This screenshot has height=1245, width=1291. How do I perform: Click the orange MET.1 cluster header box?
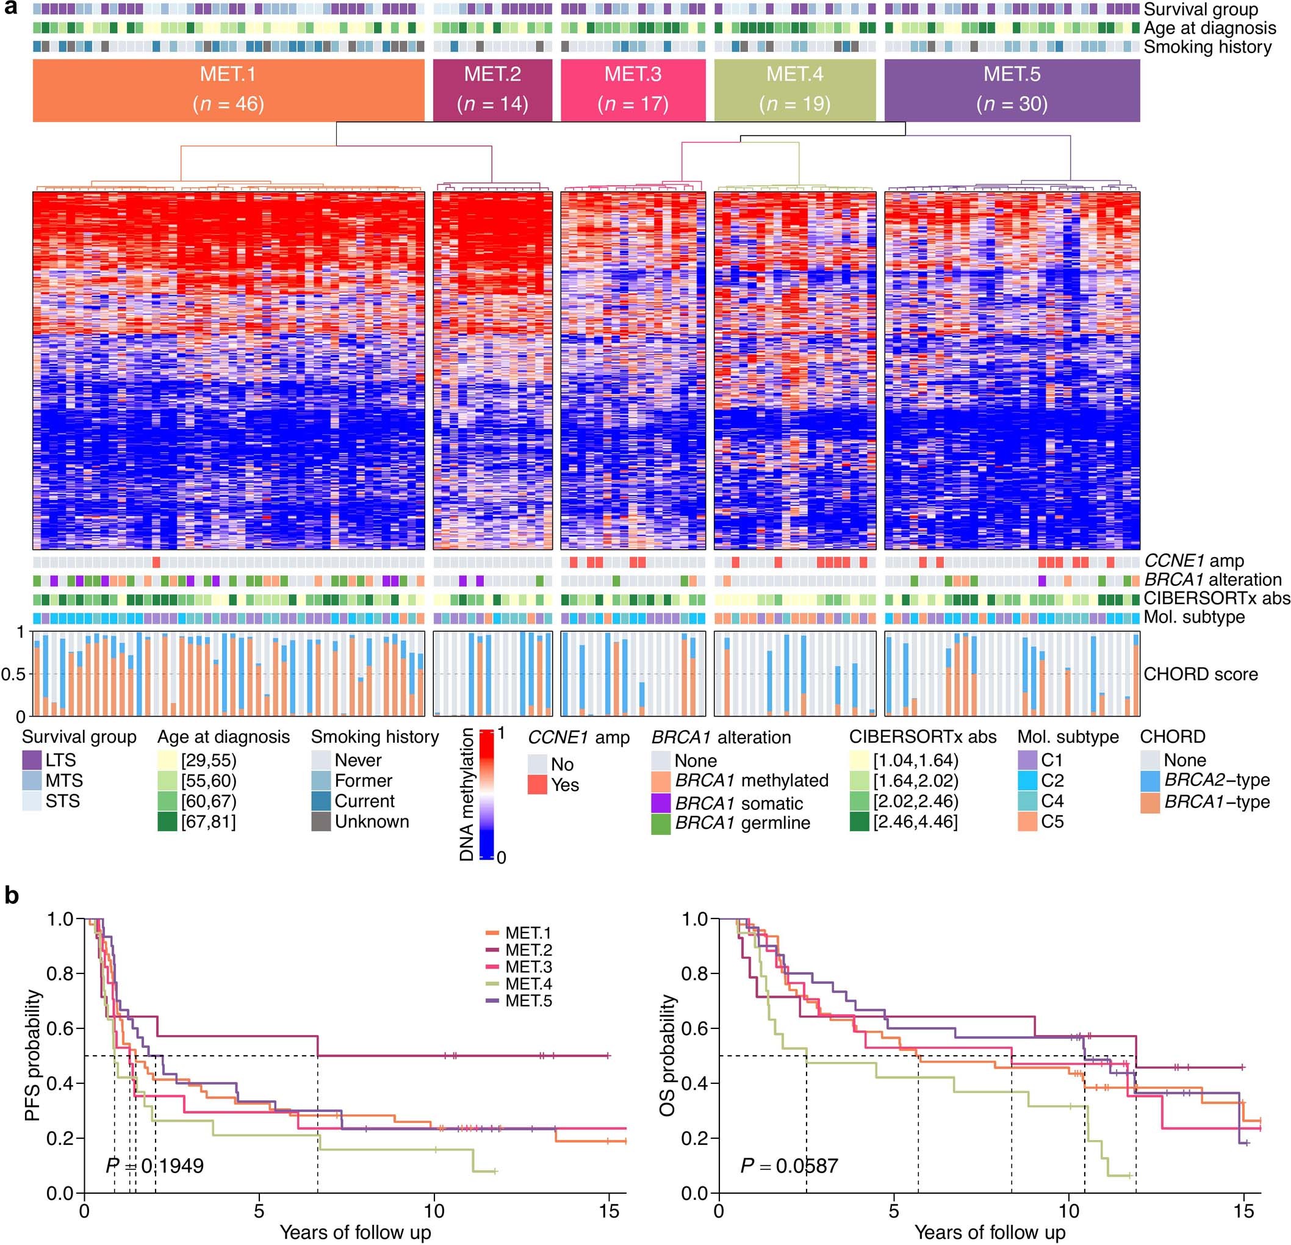point(228,90)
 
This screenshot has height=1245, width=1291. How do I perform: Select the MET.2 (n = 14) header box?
point(492,90)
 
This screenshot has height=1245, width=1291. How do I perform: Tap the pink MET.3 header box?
point(632,90)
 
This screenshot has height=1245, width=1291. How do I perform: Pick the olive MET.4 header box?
point(794,90)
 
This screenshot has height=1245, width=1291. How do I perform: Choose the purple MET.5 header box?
point(1012,90)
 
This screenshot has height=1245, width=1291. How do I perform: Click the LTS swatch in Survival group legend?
point(32,760)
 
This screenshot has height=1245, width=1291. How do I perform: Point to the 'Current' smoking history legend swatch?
point(321,801)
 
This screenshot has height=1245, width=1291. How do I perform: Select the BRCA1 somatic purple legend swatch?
point(661,804)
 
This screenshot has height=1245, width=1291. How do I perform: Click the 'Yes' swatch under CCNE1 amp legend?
point(538,785)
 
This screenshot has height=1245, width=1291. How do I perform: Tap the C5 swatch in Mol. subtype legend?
point(1027,821)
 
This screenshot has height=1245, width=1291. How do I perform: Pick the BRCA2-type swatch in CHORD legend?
point(1150,781)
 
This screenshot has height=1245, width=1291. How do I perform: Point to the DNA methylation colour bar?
point(487,794)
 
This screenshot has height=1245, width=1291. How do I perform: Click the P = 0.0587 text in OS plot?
point(789,1166)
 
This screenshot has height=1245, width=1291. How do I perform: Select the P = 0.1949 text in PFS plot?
point(155,1166)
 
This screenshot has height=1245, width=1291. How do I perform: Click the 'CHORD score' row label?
point(1200,674)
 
